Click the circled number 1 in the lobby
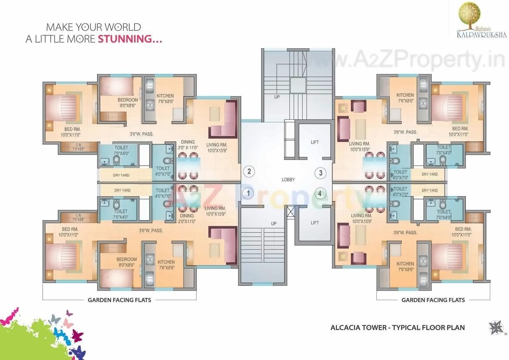point(248,193)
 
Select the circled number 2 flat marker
point(249,171)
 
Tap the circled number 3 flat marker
point(320,172)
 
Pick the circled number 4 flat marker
point(320,194)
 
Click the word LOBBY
point(288,180)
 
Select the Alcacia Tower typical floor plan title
point(398,328)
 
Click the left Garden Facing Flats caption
point(119,300)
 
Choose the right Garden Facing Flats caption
point(433,300)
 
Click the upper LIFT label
point(315,142)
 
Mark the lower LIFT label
point(315,223)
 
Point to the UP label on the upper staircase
point(277,97)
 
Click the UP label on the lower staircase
point(274,223)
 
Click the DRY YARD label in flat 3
point(430,174)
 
